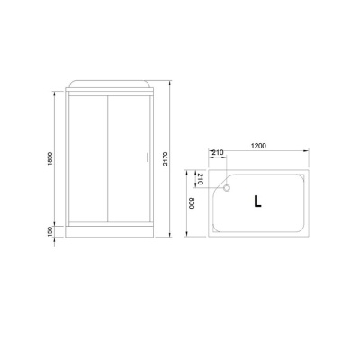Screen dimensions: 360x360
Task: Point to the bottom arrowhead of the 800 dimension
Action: click(x=196, y=238)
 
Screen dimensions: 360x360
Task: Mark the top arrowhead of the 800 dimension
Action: click(x=196, y=168)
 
